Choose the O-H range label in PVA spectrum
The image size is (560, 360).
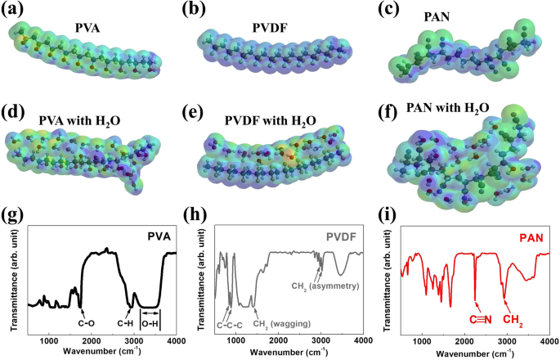tap(151, 322)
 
